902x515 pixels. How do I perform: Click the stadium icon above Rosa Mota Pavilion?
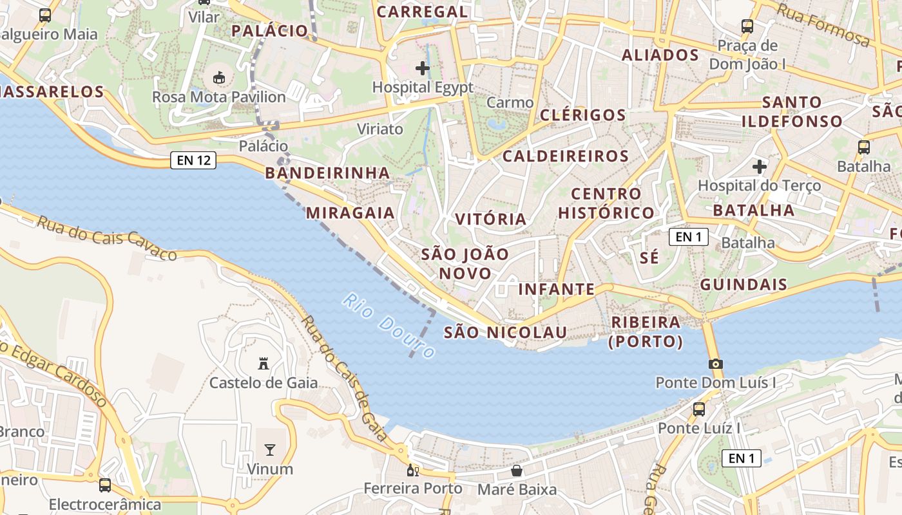pos(219,78)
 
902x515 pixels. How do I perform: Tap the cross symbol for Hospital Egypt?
pos(423,68)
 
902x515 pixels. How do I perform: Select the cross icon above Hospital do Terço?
pos(760,167)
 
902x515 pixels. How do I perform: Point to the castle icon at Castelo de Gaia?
pos(263,364)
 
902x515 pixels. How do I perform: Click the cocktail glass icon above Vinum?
pos(270,449)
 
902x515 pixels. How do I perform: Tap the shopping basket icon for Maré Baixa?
pos(516,471)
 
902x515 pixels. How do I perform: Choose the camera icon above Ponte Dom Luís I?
pos(715,364)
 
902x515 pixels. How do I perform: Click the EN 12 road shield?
pos(193,160)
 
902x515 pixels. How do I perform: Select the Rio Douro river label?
pos(389,326)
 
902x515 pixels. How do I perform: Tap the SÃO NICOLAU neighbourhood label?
pos(506,332)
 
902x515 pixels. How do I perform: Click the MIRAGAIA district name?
pos(350,212)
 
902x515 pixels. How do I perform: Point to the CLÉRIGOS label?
pos(583,115)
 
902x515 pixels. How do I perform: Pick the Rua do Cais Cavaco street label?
pos(106,238)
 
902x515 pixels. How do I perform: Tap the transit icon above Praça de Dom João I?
pos(747,26)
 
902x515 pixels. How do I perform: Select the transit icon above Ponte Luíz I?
pos(699,409)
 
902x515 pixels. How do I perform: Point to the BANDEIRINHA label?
pos(327,173)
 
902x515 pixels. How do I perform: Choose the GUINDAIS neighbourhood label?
pos(744,285)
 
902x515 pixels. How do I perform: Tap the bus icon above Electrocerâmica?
pos(104,485)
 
